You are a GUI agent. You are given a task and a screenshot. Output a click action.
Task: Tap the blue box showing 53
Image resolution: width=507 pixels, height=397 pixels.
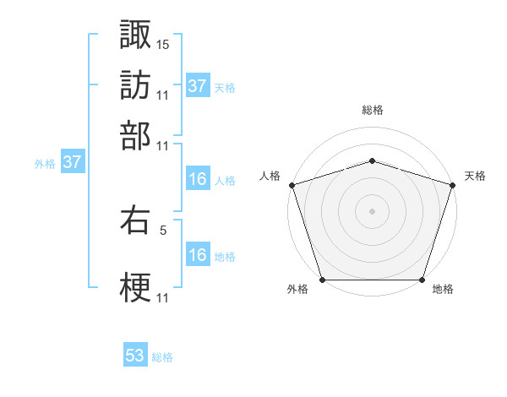pos(135,356)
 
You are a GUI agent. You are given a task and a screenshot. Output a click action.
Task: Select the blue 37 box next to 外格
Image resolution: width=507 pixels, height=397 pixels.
pos(72,162)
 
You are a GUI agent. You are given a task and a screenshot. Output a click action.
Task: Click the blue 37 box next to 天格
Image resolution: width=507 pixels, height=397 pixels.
pos(197,86)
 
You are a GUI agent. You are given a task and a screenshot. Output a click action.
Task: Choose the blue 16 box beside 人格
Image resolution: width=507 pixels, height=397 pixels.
pos(197,179)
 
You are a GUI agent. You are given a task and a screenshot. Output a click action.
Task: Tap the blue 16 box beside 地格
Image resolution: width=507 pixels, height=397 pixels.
pos(197,255)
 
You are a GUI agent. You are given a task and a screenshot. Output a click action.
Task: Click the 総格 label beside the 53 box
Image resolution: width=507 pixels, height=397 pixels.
pos(162,357)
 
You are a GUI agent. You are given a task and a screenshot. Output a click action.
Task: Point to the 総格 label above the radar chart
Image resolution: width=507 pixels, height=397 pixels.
pos(372,110)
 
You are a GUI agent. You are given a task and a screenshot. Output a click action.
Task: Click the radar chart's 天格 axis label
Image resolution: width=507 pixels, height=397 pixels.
pos(475,176)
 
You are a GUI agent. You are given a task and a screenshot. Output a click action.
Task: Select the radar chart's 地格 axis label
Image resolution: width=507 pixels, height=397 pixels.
pos(443,290)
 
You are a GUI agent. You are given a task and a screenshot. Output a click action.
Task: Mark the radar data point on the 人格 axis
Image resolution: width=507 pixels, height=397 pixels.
pos(292,185)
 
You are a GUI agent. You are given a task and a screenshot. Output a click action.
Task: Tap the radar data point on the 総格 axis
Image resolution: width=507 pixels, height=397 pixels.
pos(372,160)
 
